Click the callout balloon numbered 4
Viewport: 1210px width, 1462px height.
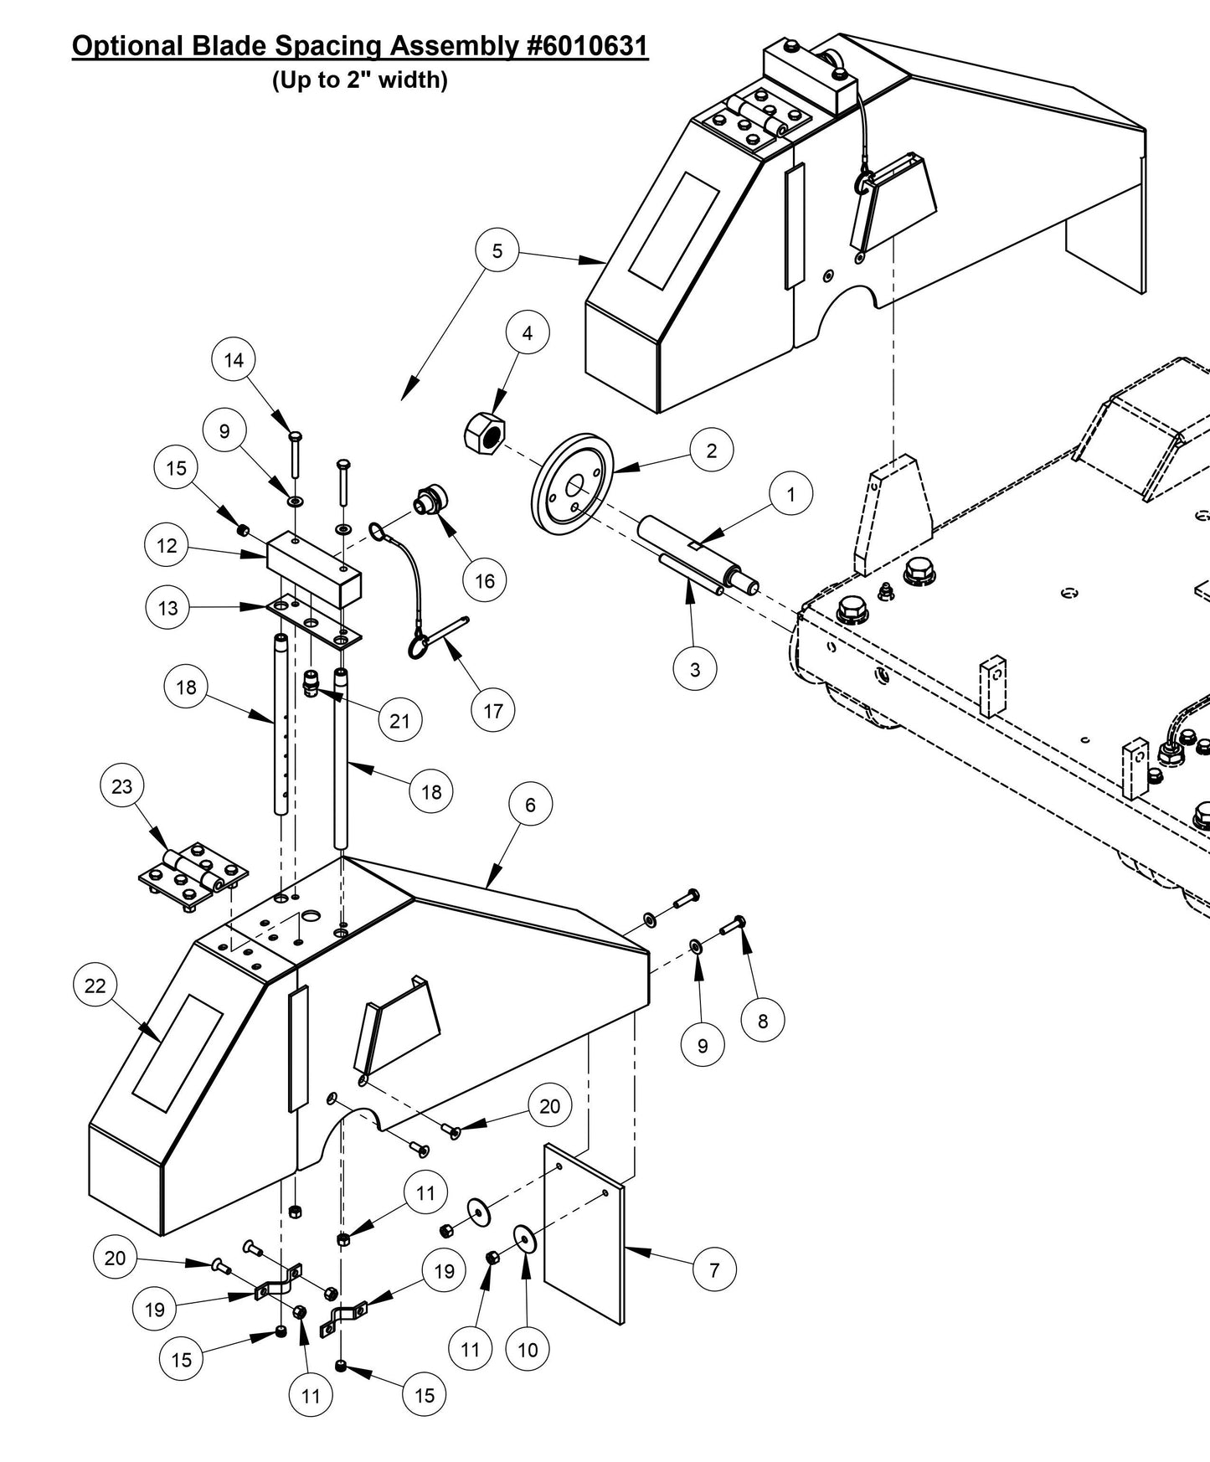coord(527,333)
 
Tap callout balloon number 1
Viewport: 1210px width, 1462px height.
coord(790,494)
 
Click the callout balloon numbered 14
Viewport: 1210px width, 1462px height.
coord(234,360)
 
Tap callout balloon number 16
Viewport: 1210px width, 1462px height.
coord(485,580)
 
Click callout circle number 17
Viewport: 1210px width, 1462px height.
coord(492,710)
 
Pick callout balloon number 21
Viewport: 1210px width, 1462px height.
coord(399,719)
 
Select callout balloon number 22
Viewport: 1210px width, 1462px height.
coord(95,986)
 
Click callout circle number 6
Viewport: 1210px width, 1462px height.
coord(530,805)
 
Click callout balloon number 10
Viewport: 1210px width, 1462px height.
coord(528,1349)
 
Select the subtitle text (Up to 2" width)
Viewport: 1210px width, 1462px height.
coord(360,80)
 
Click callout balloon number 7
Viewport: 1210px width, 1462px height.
coord(713,1269)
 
